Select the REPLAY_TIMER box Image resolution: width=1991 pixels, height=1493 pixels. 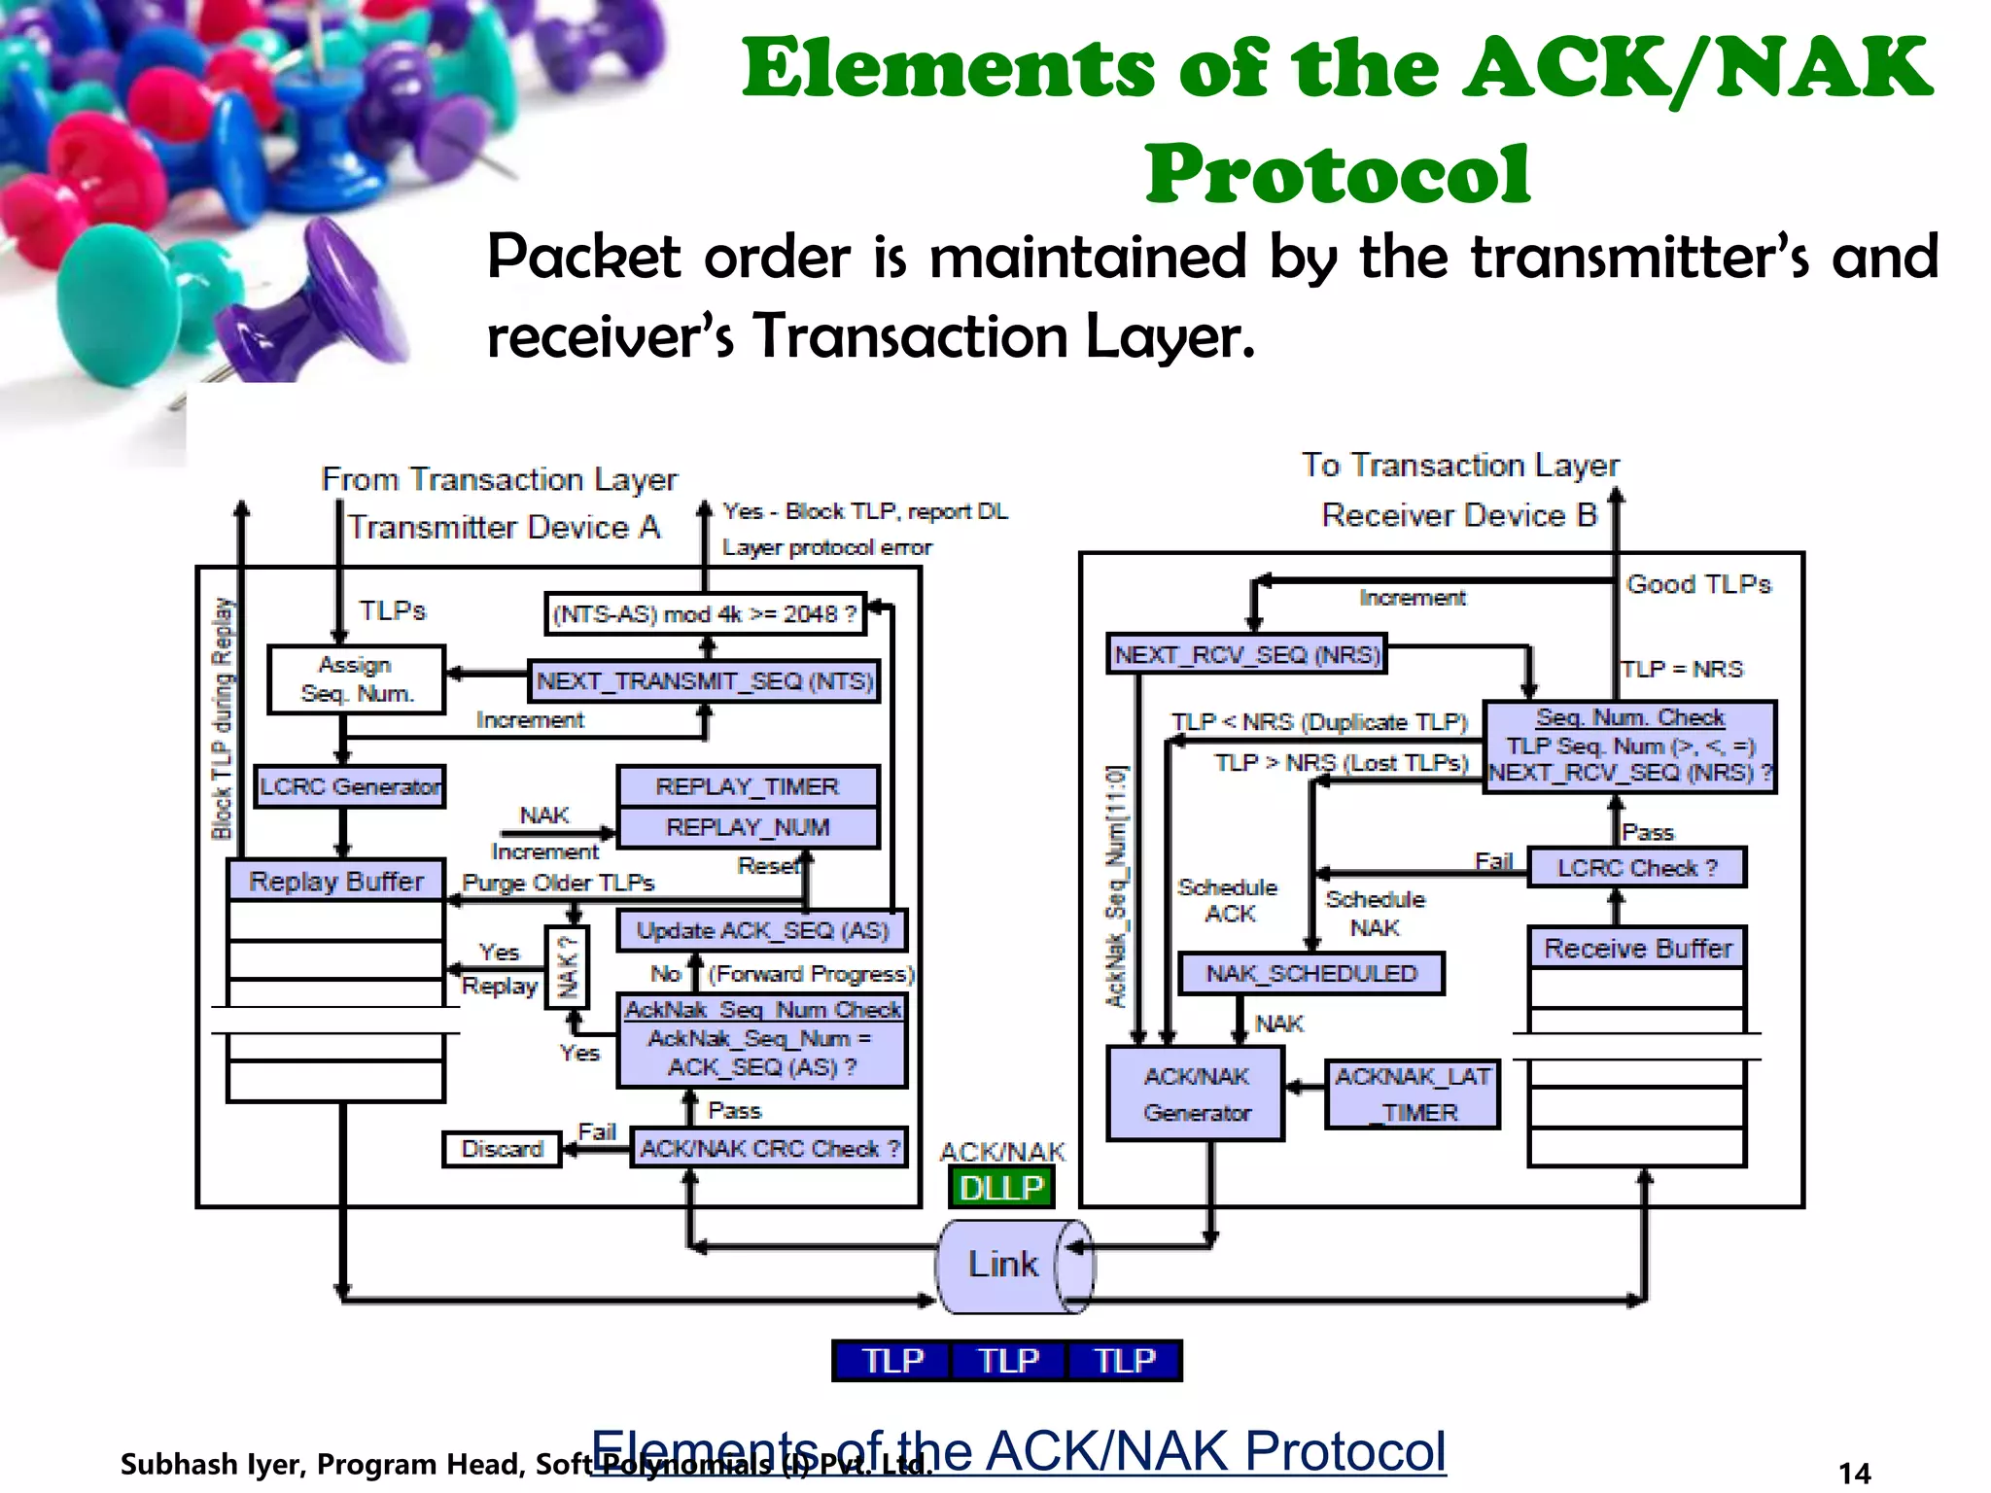747,786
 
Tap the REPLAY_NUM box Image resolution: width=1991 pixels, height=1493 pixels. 747,827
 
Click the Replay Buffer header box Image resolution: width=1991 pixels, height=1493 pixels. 336,881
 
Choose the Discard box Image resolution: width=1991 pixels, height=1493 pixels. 502,1149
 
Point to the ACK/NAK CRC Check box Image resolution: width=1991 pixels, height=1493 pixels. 769,1148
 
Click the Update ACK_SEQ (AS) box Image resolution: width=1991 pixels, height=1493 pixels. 762,930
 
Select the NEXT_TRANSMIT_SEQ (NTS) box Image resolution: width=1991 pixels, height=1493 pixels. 705,680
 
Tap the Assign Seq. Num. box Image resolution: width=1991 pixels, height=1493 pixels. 357,679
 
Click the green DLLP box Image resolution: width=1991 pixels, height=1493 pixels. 1001,1187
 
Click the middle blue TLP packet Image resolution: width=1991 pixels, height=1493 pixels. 1008,1360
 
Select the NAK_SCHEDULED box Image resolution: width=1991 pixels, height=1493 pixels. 1311,973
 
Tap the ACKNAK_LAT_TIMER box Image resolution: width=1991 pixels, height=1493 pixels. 1413,1094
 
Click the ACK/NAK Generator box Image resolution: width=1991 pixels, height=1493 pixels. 1196,1094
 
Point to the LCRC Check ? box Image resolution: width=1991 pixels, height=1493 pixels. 1637,867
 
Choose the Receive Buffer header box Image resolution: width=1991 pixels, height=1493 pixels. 1637,948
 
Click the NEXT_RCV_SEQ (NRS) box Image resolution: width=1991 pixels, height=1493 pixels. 1247,654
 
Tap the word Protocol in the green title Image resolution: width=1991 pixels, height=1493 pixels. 1337,174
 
